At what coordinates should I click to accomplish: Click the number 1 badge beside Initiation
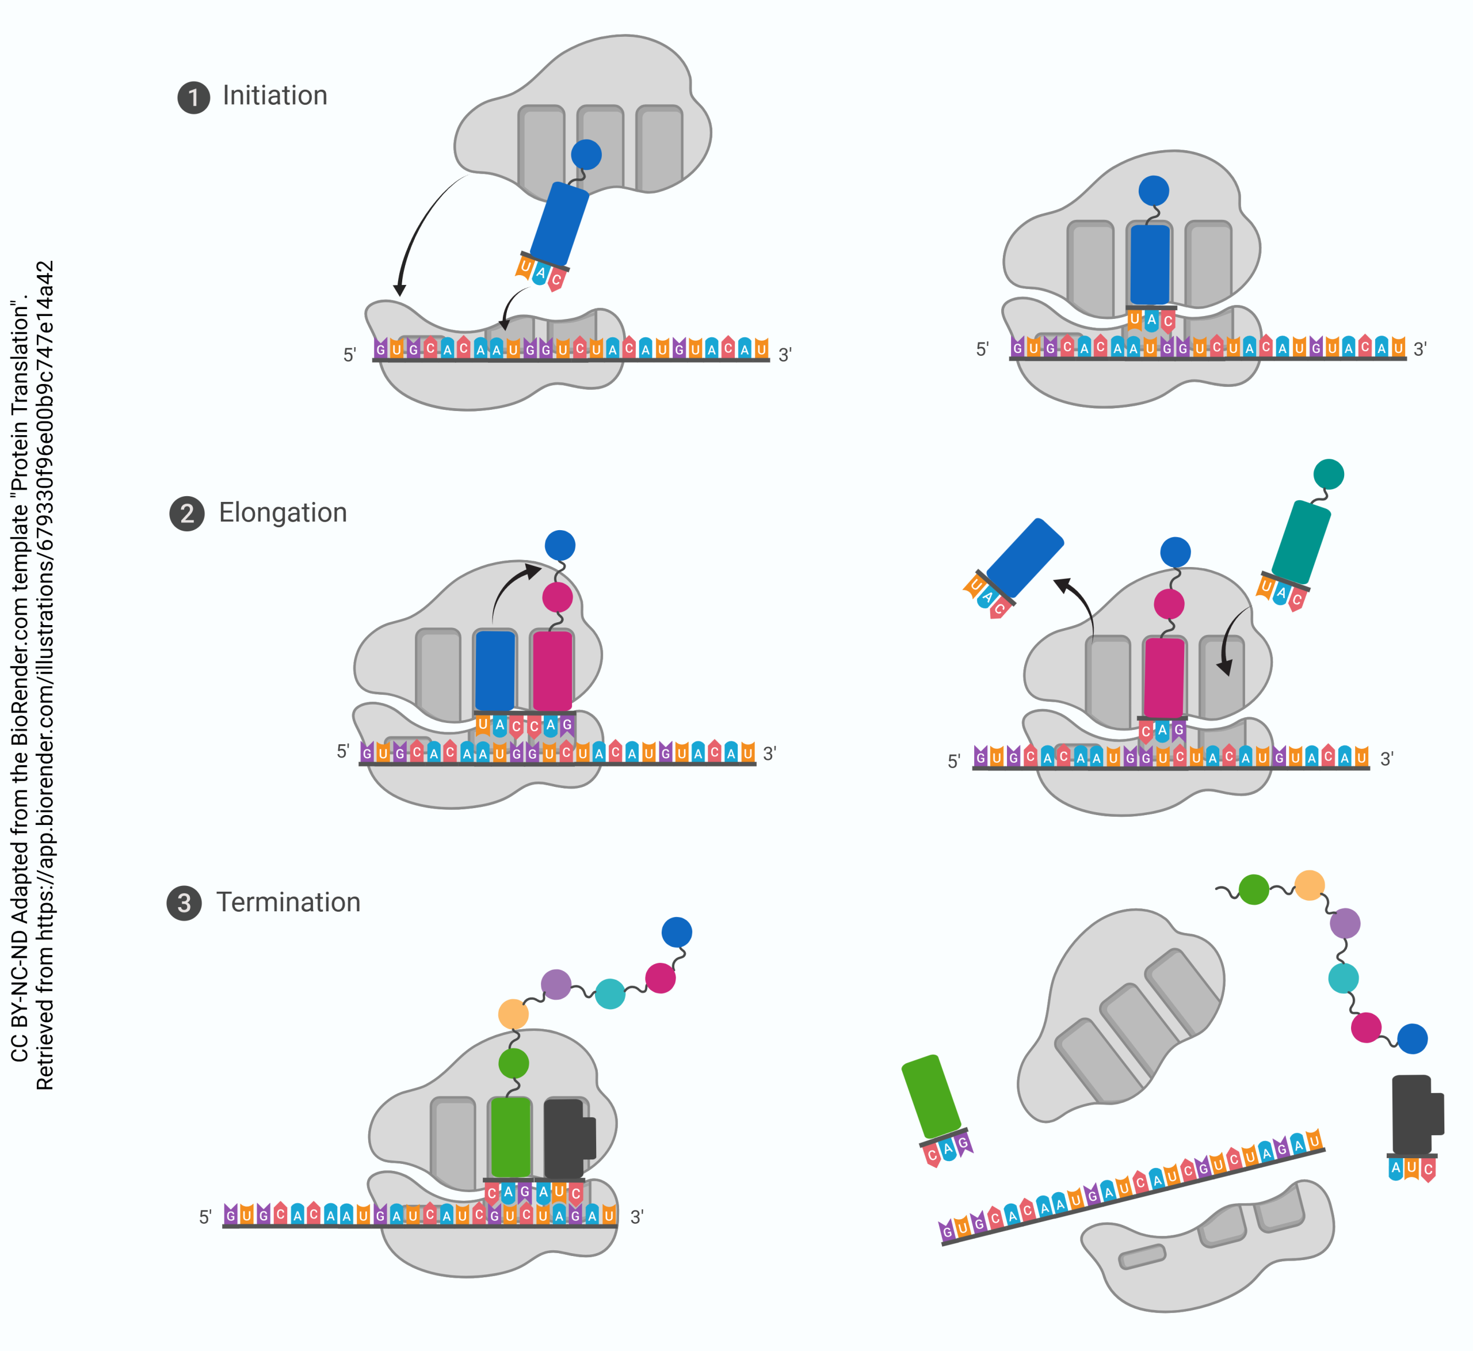pyautogui.click(x=194, y=97)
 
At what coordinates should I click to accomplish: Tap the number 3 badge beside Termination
pyautogui.click(x=184, y=904)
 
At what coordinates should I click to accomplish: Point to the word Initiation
pyautogui.click(x=274, y=96)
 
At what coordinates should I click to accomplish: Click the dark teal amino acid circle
pyautogui.click(x=1329, y=474)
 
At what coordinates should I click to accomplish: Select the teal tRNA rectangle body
pyautogui.click(x=1300, y=542)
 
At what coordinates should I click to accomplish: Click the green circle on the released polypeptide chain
pyautogui.click(x=1254, y=890)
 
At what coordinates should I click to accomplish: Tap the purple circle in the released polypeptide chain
pyautogui.click(x=1345, y=923)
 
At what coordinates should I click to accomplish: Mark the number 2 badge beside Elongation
pyautogui.click(x=187, y=514)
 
